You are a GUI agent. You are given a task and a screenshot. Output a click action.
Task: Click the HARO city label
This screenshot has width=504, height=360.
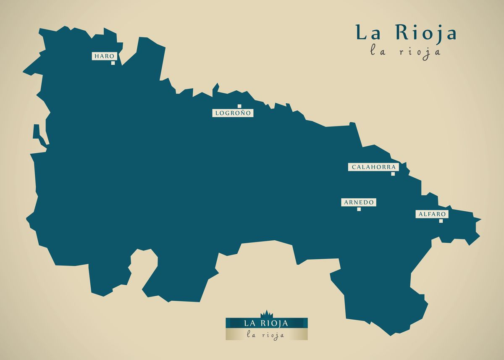[104, 56]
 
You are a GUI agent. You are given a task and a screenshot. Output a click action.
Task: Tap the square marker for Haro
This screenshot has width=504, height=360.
[113, 63]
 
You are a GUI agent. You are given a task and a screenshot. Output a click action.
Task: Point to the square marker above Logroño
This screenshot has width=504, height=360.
[239, 106]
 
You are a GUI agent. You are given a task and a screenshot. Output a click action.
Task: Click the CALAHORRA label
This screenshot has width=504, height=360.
[373, 167]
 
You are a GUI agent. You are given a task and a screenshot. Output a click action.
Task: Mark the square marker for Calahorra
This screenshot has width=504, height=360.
[393, 174]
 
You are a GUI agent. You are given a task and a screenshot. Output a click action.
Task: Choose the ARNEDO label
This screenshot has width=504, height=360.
[359, 202]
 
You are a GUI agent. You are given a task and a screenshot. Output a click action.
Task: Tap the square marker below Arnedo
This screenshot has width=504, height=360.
[359, 209]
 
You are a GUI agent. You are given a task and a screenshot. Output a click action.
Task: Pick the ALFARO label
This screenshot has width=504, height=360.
[432, 214]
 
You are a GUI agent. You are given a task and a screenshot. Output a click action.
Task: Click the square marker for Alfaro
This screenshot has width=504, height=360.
[441, 221]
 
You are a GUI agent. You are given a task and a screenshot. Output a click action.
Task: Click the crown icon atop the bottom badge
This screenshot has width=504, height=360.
[266, 314]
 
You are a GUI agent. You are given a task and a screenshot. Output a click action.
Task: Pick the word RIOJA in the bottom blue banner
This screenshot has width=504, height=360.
[274, 323]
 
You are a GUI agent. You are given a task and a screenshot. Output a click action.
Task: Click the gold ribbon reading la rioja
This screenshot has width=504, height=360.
[266, 334]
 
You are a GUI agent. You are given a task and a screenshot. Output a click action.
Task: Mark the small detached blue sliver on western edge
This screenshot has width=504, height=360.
[39, 136]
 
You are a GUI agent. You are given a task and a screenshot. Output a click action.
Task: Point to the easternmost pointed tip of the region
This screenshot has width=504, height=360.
[480, 219]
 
